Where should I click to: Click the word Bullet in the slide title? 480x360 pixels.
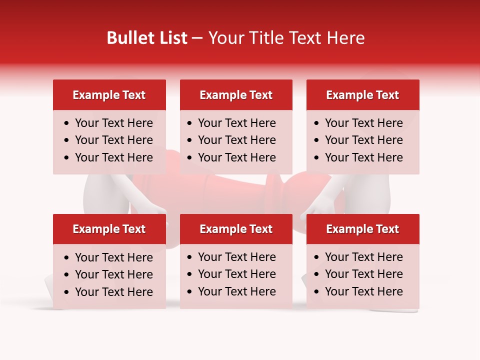coord(124,38)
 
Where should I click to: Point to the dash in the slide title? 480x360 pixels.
coord(197,38)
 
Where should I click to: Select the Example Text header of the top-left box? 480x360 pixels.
coord(109,95)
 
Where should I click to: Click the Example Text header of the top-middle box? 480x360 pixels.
coord(236,95)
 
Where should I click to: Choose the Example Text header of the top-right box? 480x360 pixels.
coord(362,95)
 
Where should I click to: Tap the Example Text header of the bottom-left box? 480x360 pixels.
coord(109,229)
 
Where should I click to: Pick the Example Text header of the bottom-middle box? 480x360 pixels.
coord(236,229)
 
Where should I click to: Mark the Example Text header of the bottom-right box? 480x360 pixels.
coord(362,229)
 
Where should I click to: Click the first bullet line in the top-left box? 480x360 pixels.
coord(114,123)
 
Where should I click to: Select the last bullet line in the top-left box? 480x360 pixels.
coord(114,157)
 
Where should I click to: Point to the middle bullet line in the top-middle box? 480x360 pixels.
coord(237,140)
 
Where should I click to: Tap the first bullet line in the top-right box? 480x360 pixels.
coord(364,123)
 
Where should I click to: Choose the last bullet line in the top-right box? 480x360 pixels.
coord(364,157)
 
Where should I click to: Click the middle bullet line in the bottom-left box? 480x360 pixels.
coord(114,274)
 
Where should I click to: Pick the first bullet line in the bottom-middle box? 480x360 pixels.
coord(237,257)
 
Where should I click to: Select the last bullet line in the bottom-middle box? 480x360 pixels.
coord(237,291)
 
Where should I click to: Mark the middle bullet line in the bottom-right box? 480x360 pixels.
coord(364,274)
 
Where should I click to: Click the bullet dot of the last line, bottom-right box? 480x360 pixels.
coord(316,291)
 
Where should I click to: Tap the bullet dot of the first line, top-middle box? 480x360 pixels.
coord(189,123)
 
